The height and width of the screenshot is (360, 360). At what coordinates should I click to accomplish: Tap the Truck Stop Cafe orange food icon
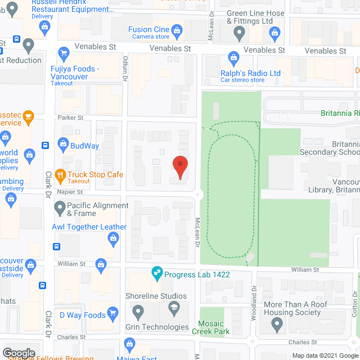click(x=61, y=175)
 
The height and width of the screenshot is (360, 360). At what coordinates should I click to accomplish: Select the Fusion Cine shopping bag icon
click(x=177, y=30)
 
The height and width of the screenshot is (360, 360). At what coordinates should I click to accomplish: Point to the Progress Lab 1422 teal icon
click(x=157, y=275)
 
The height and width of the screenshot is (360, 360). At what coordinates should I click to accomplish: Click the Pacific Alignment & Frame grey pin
click(x=60, y=209)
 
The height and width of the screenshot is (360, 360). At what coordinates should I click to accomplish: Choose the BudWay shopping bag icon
click(x=62, y=146)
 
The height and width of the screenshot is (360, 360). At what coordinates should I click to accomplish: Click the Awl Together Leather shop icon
click(x=113, y=239)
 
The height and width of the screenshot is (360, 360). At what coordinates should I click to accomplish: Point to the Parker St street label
click(x=70, y=118)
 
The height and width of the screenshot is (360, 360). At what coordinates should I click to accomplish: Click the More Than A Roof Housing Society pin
click(x=276, y=324)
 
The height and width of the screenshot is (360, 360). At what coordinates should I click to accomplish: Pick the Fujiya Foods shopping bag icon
click(x=62, y=57)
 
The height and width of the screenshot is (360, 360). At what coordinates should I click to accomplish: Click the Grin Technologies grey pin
click(x=137, y=311)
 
